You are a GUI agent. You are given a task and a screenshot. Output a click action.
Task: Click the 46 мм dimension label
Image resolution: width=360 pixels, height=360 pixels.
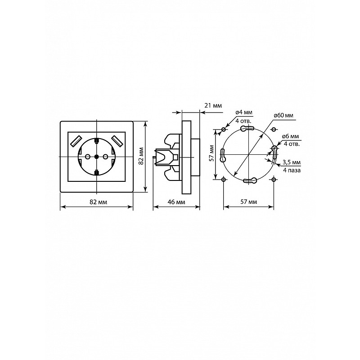[176, 202]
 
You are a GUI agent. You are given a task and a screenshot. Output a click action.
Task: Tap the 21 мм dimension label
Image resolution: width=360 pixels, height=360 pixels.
[213, 105]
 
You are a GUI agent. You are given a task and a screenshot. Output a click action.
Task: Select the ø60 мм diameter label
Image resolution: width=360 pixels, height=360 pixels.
[283, 115]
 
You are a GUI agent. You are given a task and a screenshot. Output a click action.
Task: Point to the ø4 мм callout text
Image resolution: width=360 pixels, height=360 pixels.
[243, 112]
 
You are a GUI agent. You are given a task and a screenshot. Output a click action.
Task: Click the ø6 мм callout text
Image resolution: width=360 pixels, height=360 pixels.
[291, 136]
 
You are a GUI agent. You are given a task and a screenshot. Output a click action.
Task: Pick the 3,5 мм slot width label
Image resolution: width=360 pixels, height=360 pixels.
[292, 162]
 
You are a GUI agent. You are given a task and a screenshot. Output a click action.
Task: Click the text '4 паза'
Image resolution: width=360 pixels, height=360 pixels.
[292, 170]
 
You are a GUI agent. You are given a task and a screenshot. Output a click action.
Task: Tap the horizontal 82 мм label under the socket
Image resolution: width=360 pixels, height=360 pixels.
[98, 202]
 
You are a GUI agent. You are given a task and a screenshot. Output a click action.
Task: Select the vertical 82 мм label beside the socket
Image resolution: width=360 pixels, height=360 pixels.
[141, 156]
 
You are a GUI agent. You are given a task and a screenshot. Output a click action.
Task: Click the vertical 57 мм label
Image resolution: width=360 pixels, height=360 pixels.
[211, 153]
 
